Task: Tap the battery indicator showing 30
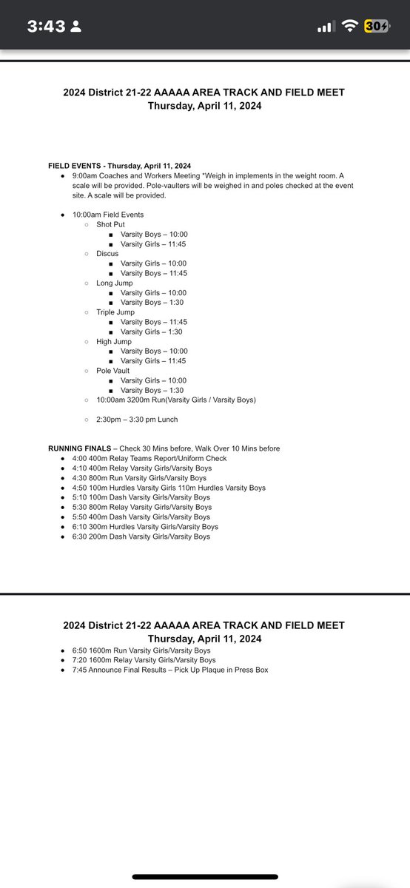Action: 377,27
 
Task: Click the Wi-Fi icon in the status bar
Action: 349,27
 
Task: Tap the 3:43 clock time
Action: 46,27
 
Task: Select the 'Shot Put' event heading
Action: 112,224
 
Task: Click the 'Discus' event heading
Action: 107,254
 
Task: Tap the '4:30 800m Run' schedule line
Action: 139,478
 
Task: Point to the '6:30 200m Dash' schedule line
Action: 141,536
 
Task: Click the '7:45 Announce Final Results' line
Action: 169,670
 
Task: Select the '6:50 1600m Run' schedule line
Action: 141,650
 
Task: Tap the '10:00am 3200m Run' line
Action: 176,400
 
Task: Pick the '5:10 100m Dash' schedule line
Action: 141,497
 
